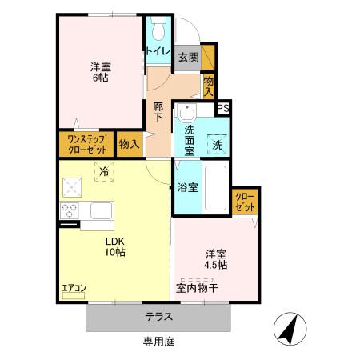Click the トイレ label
tap(157, 51)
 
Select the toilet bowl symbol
tap(158, 30)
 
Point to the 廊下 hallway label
tap(158, 111)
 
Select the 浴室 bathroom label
tap(189, 188)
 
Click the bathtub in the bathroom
tap(216, 188)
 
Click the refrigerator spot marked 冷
tap(104, 170)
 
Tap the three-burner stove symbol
tap(69, 211)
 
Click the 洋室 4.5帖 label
tap(214, 257)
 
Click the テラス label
tap(158, 316)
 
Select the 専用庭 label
tap(158, 342)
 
